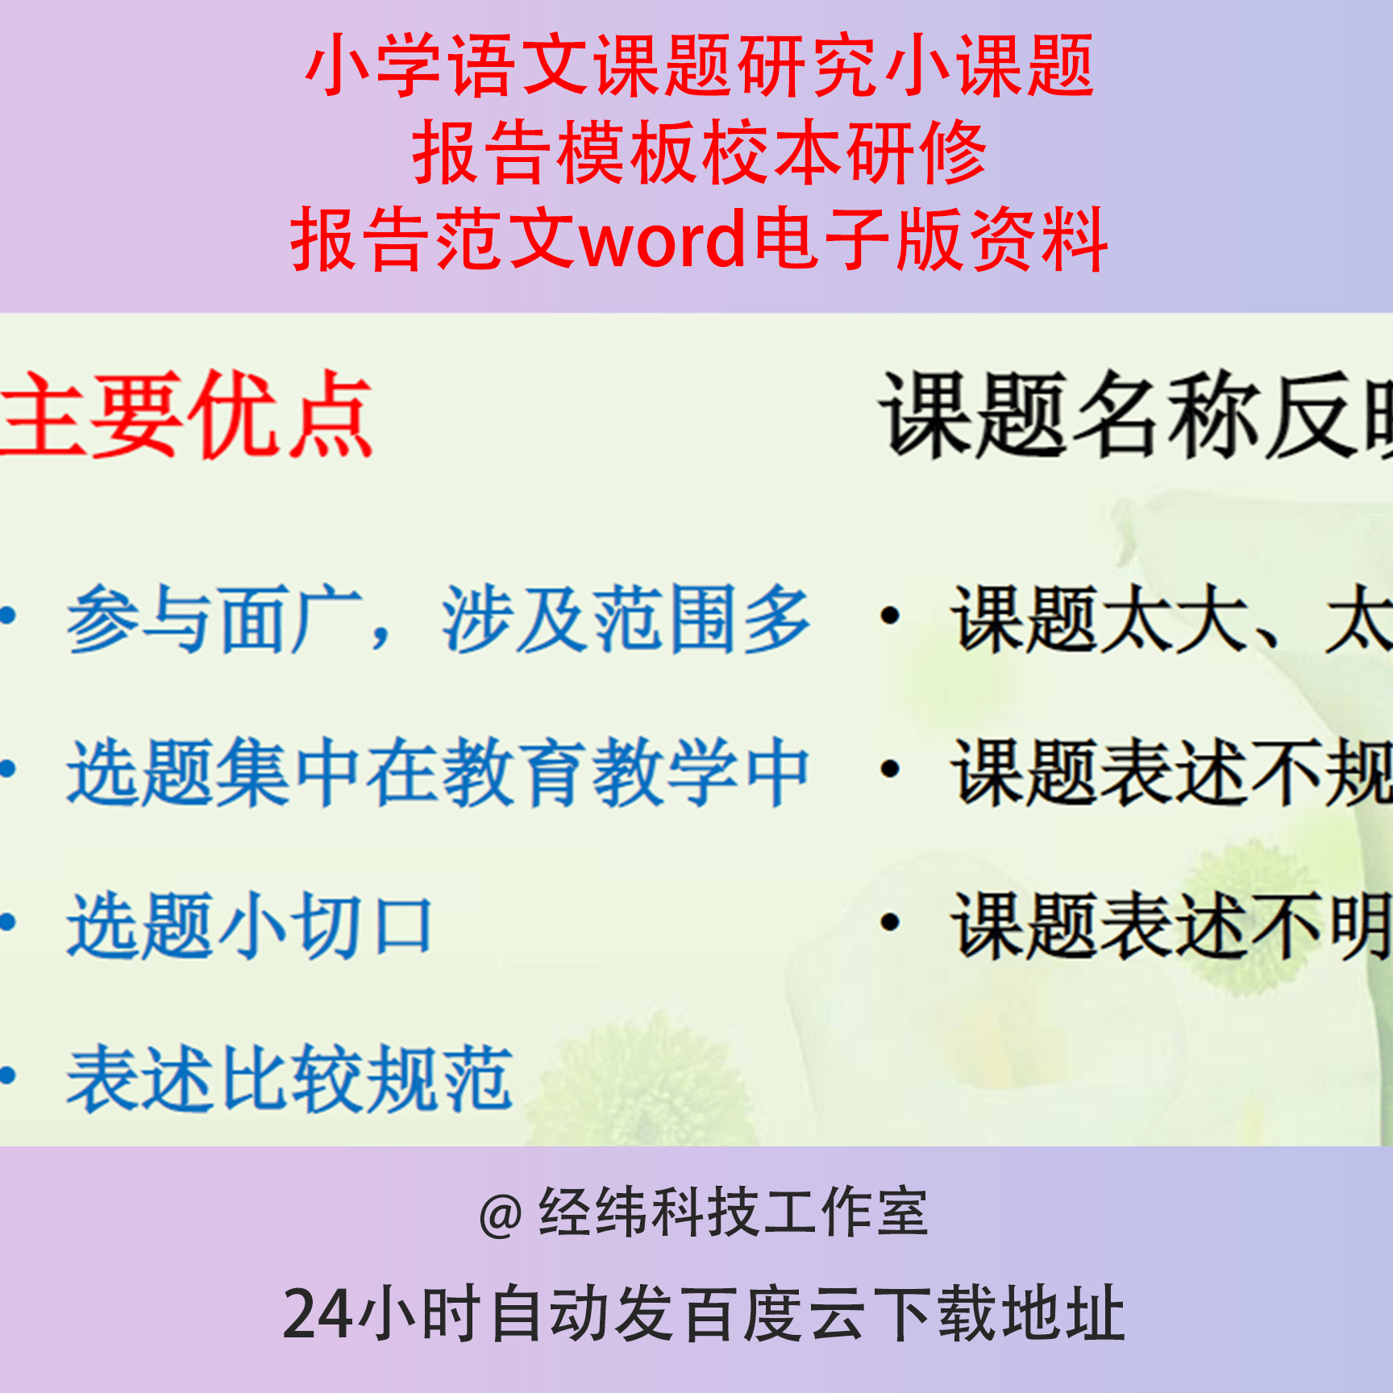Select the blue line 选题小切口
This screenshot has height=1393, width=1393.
tap(250, 925)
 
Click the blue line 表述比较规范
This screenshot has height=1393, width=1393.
tap(290, 1079)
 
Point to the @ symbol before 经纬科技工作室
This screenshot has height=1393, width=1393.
tap(501, 1215)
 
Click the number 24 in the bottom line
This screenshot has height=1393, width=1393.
tap(318, 1315)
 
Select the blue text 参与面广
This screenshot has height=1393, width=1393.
tap(214, 619)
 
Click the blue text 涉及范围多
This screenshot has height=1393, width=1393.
tap(626, 619)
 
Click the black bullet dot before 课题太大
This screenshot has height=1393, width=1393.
tap(890, 617)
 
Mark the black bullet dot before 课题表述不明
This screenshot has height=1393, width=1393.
tap(890, 923)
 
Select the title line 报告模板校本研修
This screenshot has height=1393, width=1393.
tap(699, 152)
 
